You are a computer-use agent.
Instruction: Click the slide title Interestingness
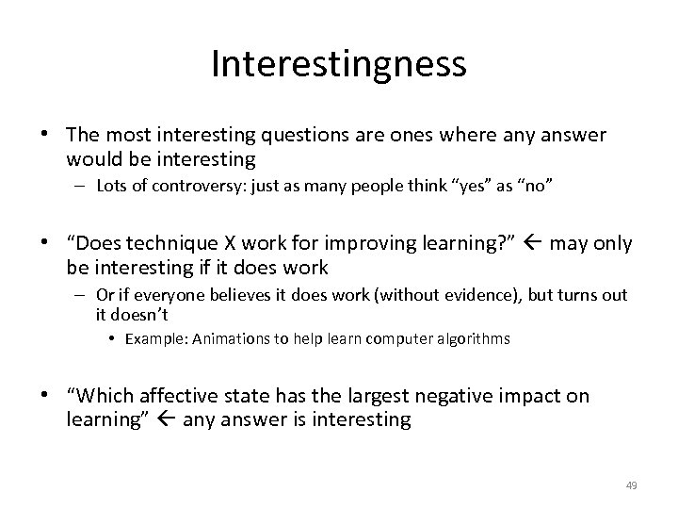tap(339, 64)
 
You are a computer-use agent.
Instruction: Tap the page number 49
tap(632, 485)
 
